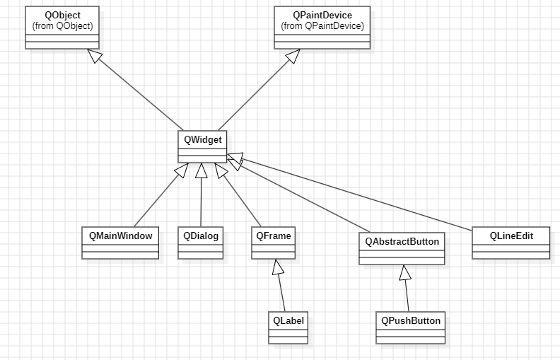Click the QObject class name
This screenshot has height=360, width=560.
pyautogui.click(x=62, y=15)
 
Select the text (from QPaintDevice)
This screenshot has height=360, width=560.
pyautogui.click(x=322, y=25)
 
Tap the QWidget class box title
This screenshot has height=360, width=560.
pyautogui.click(x=202, y=139)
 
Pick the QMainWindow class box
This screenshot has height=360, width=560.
pyautogui.click(x=120, y=243)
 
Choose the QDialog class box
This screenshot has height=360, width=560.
pyautogui.click(x=201, y=243)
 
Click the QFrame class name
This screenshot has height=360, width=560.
pyautogui.click(x=272, y=235)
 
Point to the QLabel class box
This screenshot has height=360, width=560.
pyautogui.click(x=288, y=327)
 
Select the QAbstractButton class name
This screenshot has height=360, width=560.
pyautogui.click(x=402, y=241)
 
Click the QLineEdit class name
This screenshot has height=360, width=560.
pyautogui.click(x=511, y=235)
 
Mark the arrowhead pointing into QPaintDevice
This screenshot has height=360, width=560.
pyautogui.click(x=292, y=55)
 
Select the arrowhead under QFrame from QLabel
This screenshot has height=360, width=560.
pyautogui.click(x=278, y=267)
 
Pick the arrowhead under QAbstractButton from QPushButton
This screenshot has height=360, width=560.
pyautogui.click(x=404, y=272)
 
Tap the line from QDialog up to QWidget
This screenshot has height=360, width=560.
pyautogui.click(x=201, y=202)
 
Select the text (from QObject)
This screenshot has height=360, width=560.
pyautogui.click(x=62, y=25)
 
